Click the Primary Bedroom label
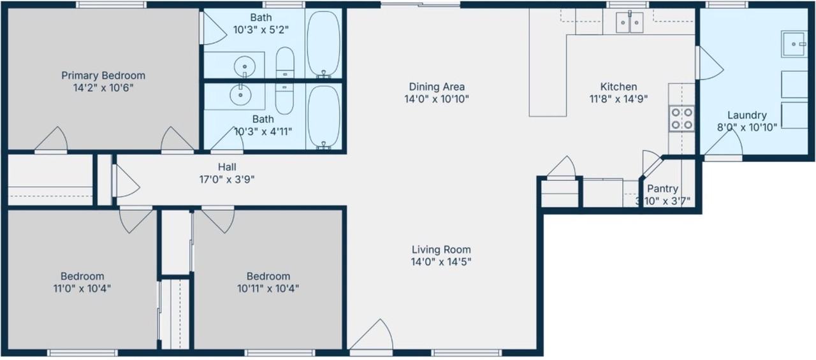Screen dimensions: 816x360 [103, 76]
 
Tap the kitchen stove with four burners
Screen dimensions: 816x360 [681, 119]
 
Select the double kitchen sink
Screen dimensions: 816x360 [629, 22]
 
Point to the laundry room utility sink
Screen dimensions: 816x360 [794, 44]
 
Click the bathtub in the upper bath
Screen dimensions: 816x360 [323, 44]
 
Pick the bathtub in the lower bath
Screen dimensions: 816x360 [323, 117]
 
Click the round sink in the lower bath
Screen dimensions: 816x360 [240, 95]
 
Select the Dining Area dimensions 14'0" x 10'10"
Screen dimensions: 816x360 [437, 99]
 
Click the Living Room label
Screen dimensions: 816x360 [441, 250]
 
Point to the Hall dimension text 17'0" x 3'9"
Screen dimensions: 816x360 [226, 180]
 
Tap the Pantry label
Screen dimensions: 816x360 [662, 189]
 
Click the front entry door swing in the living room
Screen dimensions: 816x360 [372, 335]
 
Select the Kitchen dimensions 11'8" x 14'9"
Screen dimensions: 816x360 [618, 99]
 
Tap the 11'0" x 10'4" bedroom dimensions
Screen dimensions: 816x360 [82, 289]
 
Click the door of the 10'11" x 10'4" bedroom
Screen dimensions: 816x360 [218, 220]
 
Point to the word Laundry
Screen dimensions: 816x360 [747, 115]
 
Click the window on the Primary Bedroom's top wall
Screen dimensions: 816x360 [111, 4]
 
